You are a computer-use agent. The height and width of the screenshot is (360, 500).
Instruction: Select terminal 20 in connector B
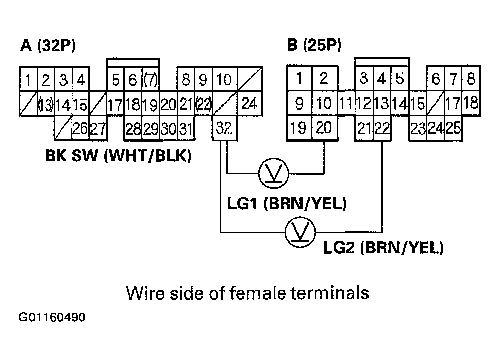pyautogui.click(x=323, y=128)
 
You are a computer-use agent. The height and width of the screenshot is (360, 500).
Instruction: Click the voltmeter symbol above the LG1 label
pyautogui.click(x=273, y=174)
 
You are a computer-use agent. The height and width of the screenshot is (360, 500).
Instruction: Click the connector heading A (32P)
pyautogui.click(x=48, y=46)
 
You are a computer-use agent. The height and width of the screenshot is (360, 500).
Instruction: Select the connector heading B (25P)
pyautogui.click(x=314, y=46)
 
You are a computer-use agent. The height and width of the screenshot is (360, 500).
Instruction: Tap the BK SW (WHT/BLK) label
pyautogui.click(x=118, y=156)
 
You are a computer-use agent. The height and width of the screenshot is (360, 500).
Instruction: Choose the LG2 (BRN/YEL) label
pyautogui.click(x=383, y=248)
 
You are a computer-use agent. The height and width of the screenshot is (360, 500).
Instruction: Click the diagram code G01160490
pyautogui.click(x=52, y=318)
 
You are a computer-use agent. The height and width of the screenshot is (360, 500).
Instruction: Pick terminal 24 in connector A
pyautogui.click(x=249, y=104)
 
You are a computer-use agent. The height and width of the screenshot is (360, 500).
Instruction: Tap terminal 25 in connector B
pyautogui.click(x=453, y=128)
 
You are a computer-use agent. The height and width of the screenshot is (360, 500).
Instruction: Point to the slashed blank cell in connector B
pyautogui.click(x=435, y=104)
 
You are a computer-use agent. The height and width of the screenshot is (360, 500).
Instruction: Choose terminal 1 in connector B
pyautogui.click(x=299, y=79)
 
